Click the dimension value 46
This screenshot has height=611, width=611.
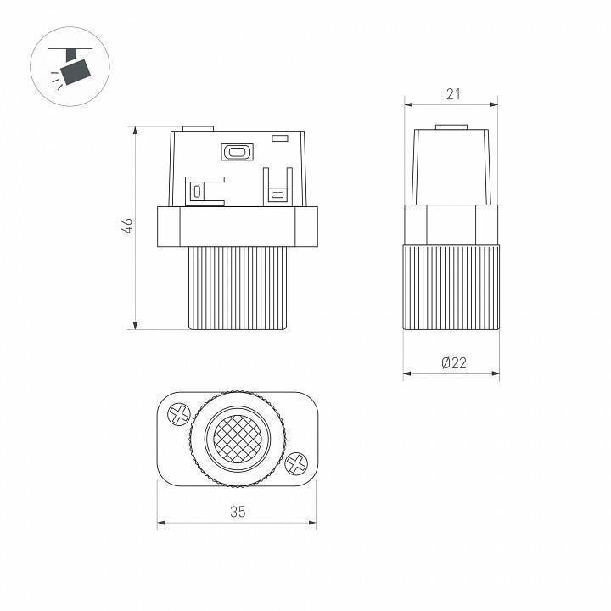(x=128, y=227)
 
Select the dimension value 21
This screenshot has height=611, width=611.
(x=453, y=94)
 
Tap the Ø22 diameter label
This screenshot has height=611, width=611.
(x=454, y=363)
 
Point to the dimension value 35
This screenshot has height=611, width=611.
(x=238, y=512)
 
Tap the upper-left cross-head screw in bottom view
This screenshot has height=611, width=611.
(x=179, y=414)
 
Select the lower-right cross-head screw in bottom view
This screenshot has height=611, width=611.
(x=296, y=463)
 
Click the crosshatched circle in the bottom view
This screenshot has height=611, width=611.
(x=238, y=440)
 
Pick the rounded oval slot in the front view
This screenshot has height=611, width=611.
(x=237, y=152)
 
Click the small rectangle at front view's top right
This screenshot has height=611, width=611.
(x=280, y=138)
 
